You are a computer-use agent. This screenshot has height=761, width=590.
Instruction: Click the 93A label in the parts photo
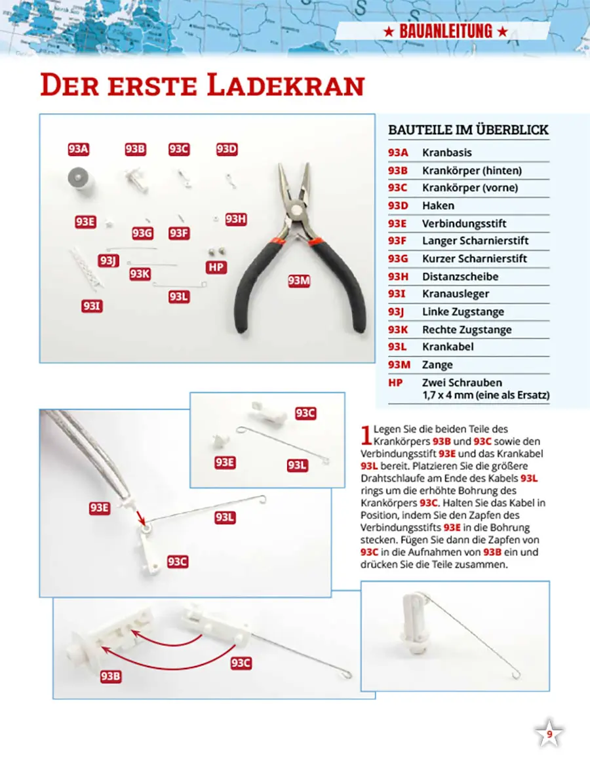[x=78, y=149]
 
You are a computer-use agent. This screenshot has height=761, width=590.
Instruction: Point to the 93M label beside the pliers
[x=299, y=281]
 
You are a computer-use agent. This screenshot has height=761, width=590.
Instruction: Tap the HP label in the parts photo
[x=216, y=267]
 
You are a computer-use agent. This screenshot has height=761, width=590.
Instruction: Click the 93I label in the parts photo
[x=92, y=305]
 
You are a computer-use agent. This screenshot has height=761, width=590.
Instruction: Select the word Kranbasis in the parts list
[x=446, y=153]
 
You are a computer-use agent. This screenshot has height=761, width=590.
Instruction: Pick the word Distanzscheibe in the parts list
[x=460, y=277]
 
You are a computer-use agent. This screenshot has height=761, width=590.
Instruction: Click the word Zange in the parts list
[x=437, y=365]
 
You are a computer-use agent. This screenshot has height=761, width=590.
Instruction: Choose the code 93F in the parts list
[x=397, y=241]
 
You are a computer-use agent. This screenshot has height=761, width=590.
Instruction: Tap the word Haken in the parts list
[x=438, y=206]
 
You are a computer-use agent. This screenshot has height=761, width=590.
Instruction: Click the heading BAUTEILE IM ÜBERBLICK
[x=468, y=130]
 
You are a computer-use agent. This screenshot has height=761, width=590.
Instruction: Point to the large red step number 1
[x=366, y=434]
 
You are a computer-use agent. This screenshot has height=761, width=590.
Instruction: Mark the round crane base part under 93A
[x=79, y=178]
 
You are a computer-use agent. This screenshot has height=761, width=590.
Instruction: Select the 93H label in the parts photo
[x=236, y=219]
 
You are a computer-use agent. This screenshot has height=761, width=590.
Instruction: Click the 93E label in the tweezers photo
[x=99, y=507]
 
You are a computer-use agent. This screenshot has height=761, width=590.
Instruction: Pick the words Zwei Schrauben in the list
[x=462, y=383]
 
